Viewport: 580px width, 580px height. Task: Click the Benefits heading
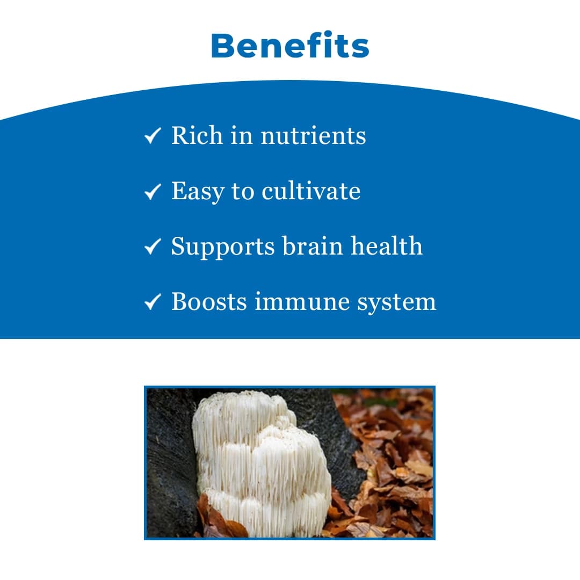[x=290, y=46]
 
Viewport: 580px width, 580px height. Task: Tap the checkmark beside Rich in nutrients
[x=153, y=135]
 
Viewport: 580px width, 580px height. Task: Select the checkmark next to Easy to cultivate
[x=153, y=191]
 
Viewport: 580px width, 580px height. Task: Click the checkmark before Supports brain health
[x=153, y=247]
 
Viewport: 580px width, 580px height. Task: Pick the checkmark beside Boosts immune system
[x=153, y=301]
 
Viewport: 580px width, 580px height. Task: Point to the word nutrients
[x=313, y=135]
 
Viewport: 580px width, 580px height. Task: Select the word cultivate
[x=311, y=191]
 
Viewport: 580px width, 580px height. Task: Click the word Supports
[x=223, y=247]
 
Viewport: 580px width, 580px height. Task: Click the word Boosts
[x=209, y=301]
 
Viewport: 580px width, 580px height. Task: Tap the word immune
[x=302, y=301]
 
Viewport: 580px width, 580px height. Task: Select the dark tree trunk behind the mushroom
[x=170, y=462]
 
